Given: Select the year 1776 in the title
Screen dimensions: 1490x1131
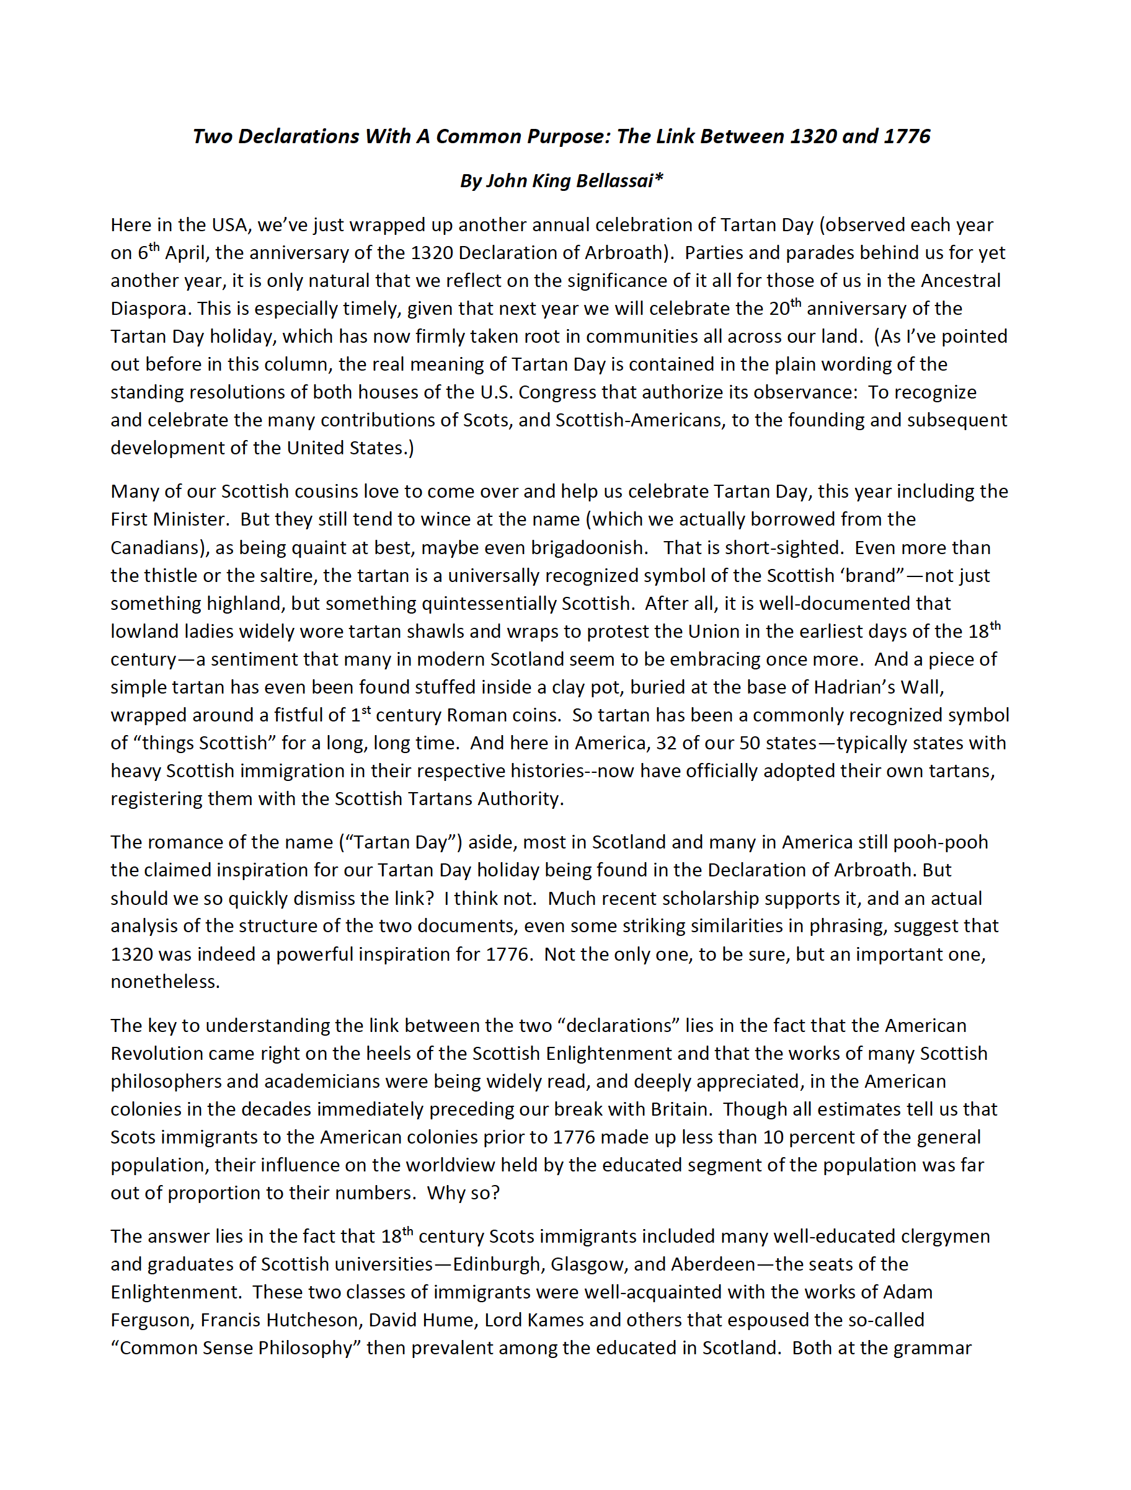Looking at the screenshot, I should [x=906, y=137].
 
